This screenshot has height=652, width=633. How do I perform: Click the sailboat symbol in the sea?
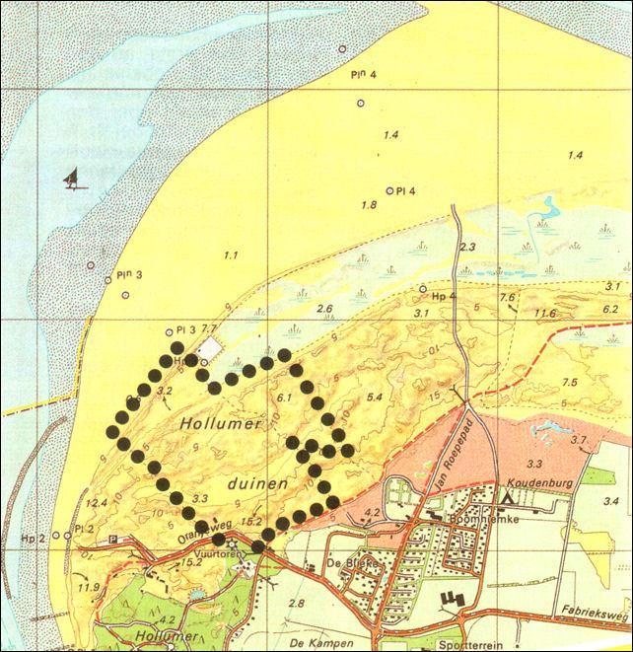(71, 179)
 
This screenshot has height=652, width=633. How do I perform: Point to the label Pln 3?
(127, 275)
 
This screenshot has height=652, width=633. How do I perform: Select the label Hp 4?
(445, 295)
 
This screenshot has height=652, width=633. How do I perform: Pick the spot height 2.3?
(467, 247)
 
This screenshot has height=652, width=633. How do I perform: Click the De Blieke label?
(341, 565)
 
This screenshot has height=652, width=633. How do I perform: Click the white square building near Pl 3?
(211, 349)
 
